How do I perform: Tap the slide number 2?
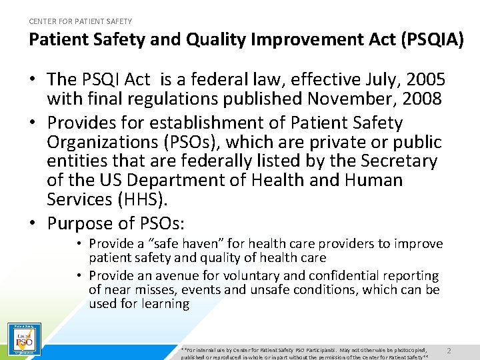click(x=449, y=351)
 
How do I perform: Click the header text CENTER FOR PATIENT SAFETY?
click(x=81, y=21)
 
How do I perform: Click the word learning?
click(x=165, y=304)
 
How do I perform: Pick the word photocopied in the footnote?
click(x=414, y=349)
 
